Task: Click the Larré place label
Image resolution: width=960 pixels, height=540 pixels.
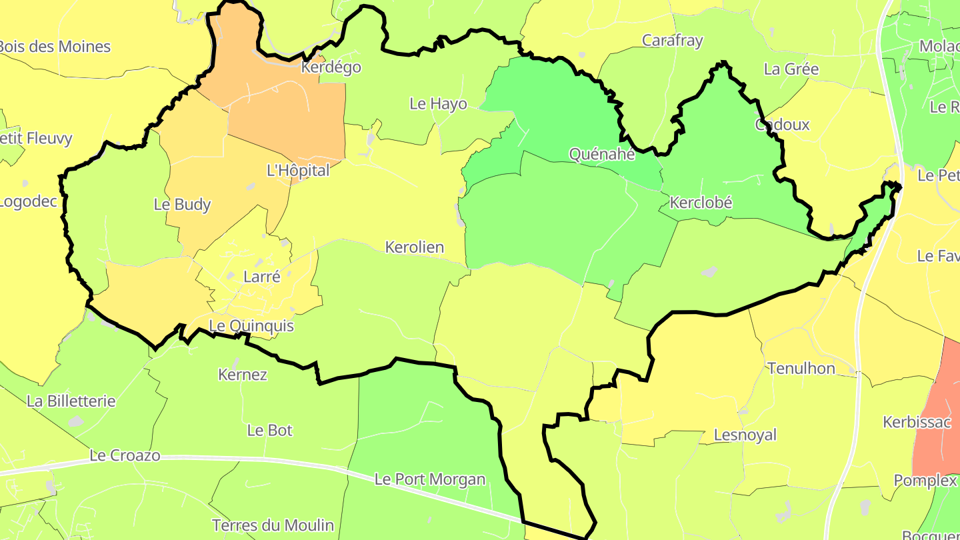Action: (x=262, y=277)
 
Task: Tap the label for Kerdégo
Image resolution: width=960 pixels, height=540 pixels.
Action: (x=331, y=67)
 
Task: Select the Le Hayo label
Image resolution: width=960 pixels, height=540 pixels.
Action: (x=438, y=104)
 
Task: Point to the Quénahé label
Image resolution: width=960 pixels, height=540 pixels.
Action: (x=602, y=154)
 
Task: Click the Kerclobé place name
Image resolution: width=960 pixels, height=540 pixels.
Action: (x=701, y=203)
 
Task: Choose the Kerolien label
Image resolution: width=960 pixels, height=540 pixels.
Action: (x=415, y=247)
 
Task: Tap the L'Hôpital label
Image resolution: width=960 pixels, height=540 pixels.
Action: (x=298, y=171)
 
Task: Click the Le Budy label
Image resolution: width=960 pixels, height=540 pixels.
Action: (x=182, y=205)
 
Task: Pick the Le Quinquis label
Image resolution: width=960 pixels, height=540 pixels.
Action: (x=251, y=326)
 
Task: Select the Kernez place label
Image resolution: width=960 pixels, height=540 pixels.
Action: (x=243, y=375)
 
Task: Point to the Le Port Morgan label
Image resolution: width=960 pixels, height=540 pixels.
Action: (x=430, y=479)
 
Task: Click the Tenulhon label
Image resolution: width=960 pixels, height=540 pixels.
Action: (x=801, y=369)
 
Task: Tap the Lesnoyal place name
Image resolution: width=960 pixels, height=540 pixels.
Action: (x=745, y=435)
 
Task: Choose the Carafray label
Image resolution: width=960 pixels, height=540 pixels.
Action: (x=672, y=41)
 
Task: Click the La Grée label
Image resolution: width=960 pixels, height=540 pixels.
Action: (x=791, y=69)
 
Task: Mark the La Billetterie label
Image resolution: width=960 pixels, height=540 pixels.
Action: (x=71, y=401)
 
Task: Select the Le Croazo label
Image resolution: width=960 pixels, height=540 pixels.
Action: (x=125, y=456)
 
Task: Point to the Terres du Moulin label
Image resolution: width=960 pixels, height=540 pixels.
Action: (x=273, y=525)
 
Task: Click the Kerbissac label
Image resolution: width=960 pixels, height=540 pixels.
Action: (x=917, y=422)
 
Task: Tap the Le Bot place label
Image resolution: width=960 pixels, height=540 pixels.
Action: (x=270, y=431)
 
